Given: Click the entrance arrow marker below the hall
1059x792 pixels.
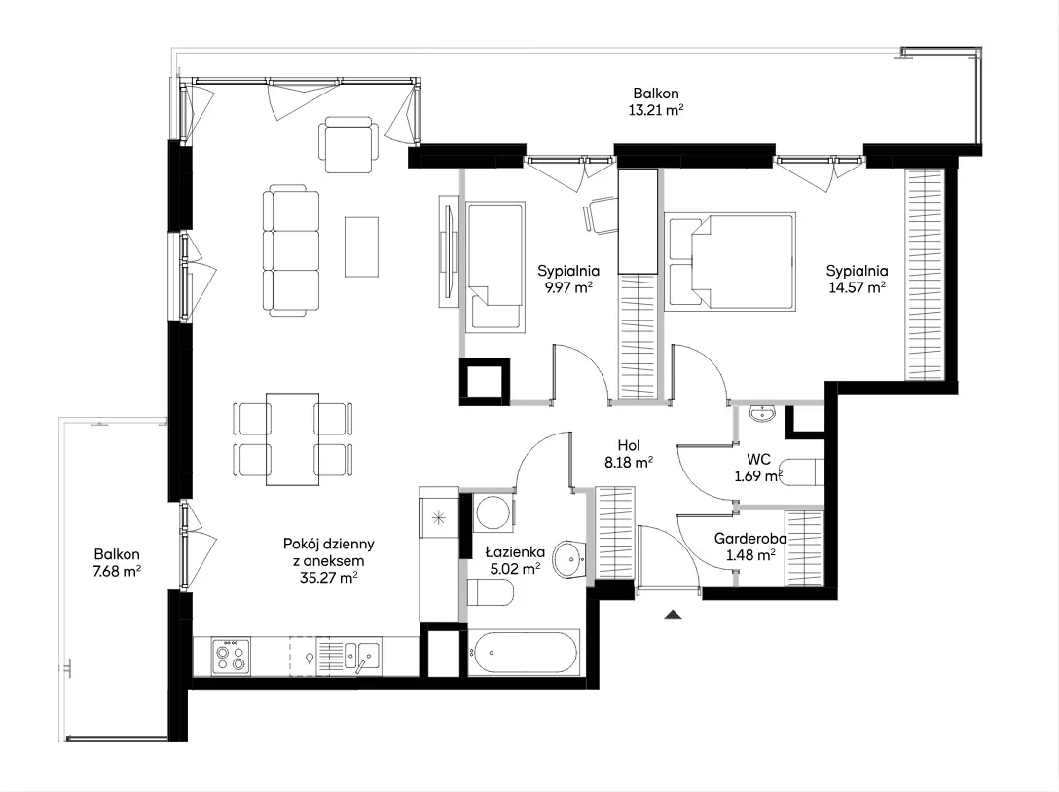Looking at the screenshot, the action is (x=673, y=615).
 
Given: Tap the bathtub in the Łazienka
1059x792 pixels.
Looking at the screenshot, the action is (x=524, y=653).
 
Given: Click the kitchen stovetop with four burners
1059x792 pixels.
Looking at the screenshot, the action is (x=231, y=657).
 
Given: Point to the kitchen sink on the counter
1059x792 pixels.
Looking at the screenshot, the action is (x=362, y=656).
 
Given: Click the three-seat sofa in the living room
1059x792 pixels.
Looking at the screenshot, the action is (x=290, y=252).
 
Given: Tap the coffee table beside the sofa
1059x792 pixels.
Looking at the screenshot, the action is (x=361, y=246).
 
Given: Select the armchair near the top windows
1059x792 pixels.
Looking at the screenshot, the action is (x=347, y=144).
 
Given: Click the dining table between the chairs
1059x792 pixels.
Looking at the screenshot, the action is (x=292, y=439).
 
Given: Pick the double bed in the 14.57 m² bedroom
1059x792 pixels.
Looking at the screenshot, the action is (x=729, y=262).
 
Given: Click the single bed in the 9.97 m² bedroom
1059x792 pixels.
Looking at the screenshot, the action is (x=495, y=267).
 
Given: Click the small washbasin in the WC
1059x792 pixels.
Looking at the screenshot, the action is (x=762, y=413).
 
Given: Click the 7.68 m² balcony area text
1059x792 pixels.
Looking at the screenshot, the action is (x=118, y=571).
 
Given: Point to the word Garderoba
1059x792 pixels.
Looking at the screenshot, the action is (x=750, y=539).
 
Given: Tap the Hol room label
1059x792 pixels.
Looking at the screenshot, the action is (x=629, y=445).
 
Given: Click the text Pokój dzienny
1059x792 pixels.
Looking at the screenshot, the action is (x=329, y=544).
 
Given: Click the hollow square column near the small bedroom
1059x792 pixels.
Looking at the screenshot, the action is (x=485, y=382).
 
